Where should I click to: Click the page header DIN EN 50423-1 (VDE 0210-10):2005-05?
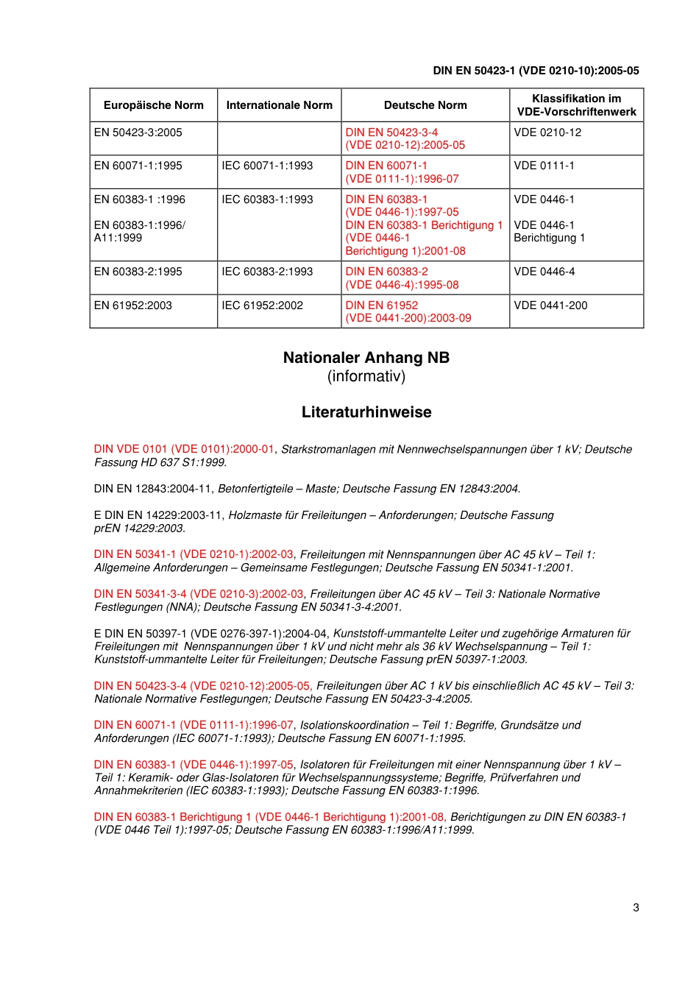[536, 71]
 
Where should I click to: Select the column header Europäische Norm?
[153, 105]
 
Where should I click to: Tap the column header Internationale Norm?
[279, 105]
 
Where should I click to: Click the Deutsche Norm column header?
[425, 105]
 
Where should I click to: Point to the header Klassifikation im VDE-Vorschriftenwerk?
[576, 105]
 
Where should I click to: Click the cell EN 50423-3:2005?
[138, 132]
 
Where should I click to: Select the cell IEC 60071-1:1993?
[267, 166]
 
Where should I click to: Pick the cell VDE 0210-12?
[547, 132]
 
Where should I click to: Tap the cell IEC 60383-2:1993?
[267, 272]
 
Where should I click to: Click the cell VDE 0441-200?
[550, 305]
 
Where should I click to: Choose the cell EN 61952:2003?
[133, 305]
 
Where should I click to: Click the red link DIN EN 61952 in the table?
[382, 305]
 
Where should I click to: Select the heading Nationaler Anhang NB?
[366, 358]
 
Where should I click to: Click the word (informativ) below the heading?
[366, 376]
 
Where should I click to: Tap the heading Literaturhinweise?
[366, 412]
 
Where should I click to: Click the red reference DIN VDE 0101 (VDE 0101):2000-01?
[184, 449]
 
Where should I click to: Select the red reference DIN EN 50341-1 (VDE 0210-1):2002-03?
[194, 554]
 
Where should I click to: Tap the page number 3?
[636, 908]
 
